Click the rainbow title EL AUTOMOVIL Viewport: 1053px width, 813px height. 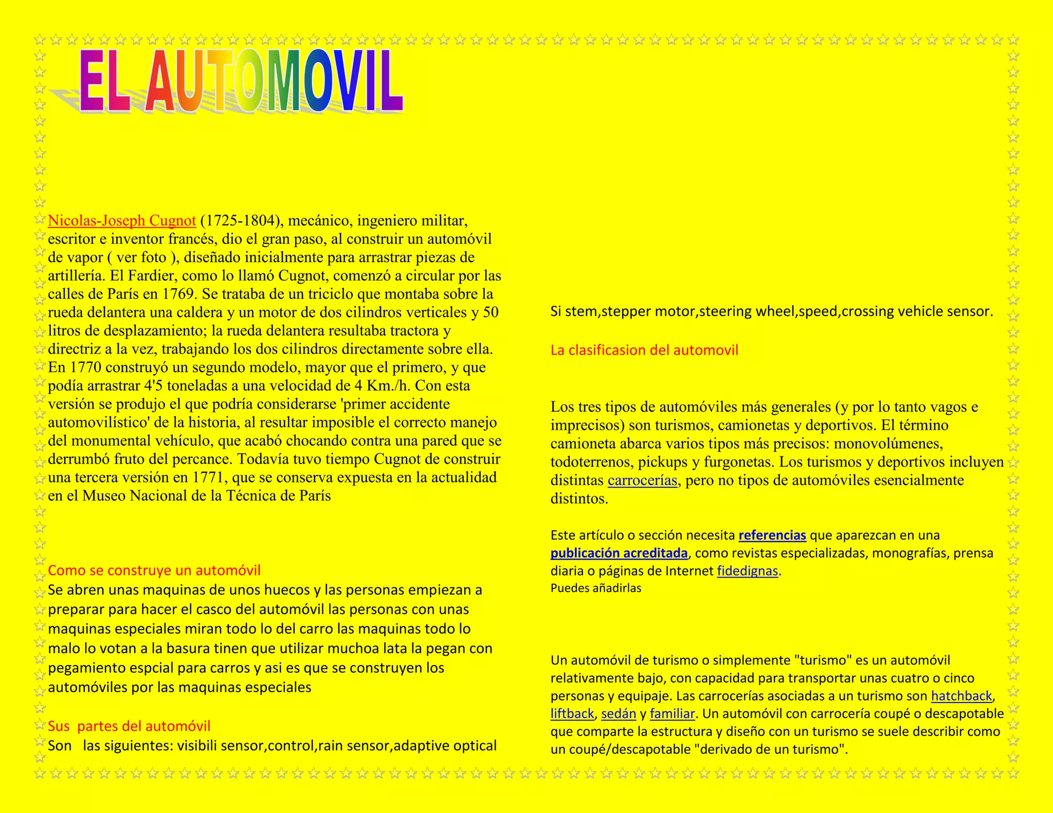click(241, 81)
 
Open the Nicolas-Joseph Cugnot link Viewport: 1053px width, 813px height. click(122, 220)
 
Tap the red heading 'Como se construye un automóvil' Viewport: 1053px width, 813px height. click(154, 570)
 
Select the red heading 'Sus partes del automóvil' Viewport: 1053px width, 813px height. click(129, 726)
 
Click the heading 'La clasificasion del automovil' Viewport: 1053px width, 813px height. click(644, 350)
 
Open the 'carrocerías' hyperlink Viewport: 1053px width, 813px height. click(642, 481)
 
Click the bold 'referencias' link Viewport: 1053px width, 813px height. click(772, 535)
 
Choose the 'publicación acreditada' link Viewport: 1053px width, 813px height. click(619, 553)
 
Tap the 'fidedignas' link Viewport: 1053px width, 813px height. click(747, 571)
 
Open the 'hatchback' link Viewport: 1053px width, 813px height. click(961, 696)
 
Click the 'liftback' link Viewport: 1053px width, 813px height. click(572, 714)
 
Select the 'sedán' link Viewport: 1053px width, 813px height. click(619, 714)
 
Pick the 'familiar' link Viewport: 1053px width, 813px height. click(672, 714)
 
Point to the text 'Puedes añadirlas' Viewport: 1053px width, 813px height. click(596, 588)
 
